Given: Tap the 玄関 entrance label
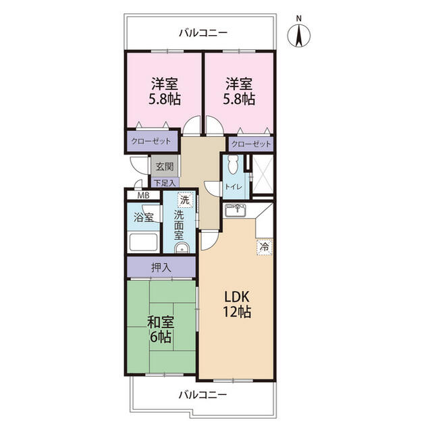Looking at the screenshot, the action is (x=165, y=167).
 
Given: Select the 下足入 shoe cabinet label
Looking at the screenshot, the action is (x=165, y=183).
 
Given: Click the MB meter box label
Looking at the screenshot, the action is (x=144, y=196).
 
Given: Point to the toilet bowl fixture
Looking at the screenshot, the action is (x=233, y=165).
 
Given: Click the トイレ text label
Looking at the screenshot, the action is (x=234, y=187).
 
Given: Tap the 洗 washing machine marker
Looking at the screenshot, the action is (x=184, y=200).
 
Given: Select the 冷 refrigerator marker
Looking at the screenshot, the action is (x=265, y=247).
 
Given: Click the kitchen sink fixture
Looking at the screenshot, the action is (x=234, y=211).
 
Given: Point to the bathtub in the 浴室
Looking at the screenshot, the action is (x=143, y=242).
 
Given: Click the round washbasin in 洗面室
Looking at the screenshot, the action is (x=182, y=248).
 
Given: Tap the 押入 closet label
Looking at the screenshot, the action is (x=161, y=267).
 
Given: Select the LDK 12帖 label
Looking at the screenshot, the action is (x=237, y=304).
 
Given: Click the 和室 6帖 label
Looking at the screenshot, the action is (x=161, y=329).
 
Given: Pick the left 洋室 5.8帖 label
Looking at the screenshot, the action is (x=165, y=92).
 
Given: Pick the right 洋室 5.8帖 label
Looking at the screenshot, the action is (x=239, y=92).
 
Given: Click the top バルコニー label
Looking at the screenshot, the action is (x=203, y=33).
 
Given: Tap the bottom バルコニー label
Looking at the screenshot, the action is (x=203, y=395).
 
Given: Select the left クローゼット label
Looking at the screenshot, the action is (x=151, y=141).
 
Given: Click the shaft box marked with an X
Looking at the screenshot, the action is (x=263, y=174).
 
